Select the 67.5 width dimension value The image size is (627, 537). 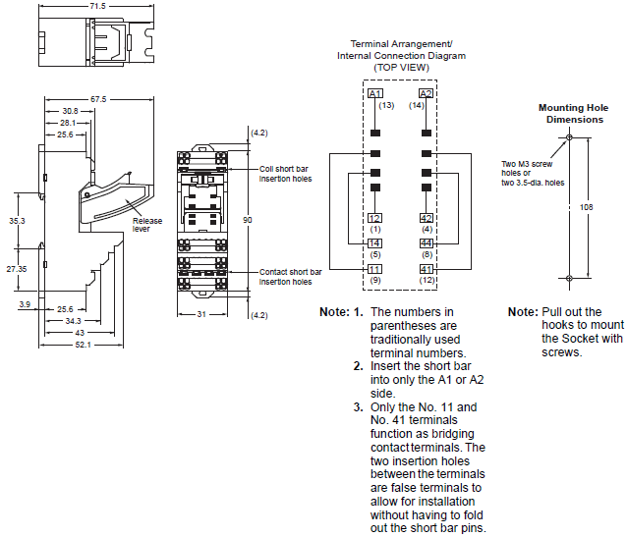[x=98, y=99]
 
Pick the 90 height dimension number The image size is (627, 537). [x=248, y=221]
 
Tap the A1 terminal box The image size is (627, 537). [x=374, y=93]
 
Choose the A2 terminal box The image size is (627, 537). [x=427, y=93]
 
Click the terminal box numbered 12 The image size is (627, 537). [x=374, y=218]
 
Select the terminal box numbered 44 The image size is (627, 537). [x=427, y=242]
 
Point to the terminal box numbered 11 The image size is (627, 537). [x=374, y=268]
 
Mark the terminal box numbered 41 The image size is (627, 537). [x=427, y=268]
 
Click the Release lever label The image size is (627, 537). [x=147, y=226]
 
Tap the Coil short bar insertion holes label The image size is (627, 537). [x=291, y=173]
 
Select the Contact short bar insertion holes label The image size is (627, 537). [x=291, y=276]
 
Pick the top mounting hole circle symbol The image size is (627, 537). [x=568, y=137]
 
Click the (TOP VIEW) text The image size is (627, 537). [x=401, y=67]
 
